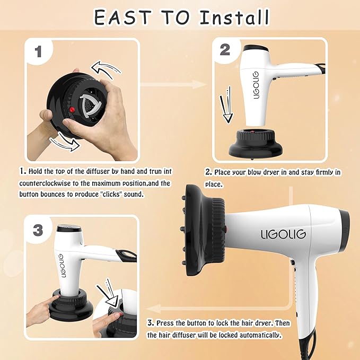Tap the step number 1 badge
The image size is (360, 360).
tap(38, 51)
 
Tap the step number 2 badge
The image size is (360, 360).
tap(225, 50)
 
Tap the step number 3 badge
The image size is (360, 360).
tap(38, 230)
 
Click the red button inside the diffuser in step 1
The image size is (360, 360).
tap(72, 109)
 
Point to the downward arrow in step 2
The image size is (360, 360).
tap(227, 106)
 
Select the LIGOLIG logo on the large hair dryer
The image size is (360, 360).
tap(282, 233)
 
